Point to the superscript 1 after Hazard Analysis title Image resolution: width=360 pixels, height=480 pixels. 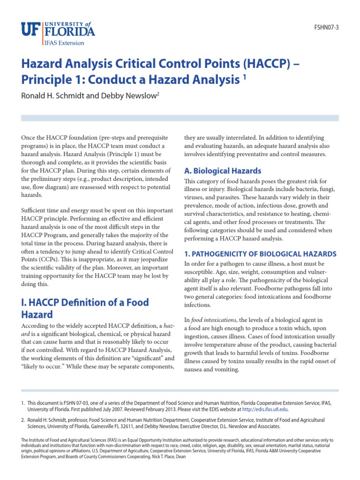(x=244, y=77)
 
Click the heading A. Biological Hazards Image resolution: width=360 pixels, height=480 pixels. (x=223, y=171)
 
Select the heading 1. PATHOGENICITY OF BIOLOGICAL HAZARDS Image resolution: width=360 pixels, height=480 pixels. (x=260, y=254)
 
